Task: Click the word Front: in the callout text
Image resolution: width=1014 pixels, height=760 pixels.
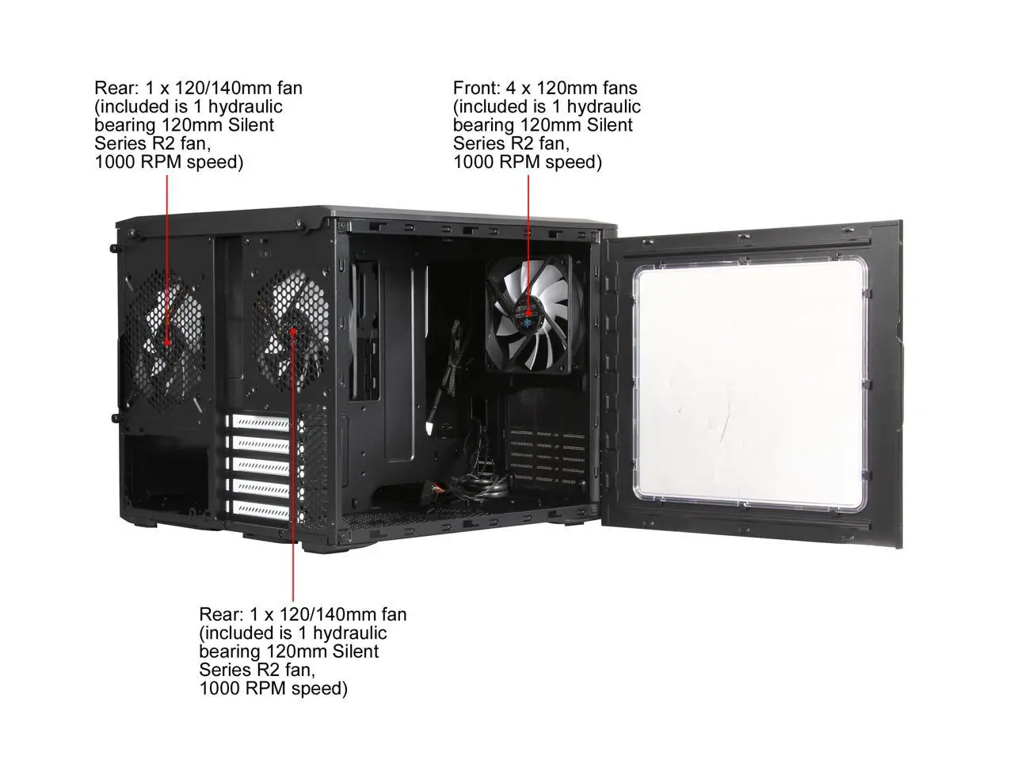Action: coord(476,88)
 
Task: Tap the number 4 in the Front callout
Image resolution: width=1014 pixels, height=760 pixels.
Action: coord(510,88)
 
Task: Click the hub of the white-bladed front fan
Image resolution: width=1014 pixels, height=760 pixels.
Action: coord(528,313)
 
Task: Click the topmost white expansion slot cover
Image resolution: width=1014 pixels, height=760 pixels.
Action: coord(260,423)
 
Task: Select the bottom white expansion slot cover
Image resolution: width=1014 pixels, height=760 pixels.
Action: coord(260,509)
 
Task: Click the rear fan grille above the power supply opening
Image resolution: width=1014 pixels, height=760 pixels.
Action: coord(166,340)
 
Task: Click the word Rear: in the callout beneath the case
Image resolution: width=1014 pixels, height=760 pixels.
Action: coord(221,614)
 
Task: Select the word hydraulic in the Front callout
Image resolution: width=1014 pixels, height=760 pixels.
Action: coord(604,107)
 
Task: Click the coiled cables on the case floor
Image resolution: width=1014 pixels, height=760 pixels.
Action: coord(480,488)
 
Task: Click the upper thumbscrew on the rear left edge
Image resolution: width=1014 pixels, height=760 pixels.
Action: coord(114,249)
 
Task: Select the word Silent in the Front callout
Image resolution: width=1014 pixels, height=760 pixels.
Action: coord(610,126)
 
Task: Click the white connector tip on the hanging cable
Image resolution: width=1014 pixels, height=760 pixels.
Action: coord(429,429)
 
